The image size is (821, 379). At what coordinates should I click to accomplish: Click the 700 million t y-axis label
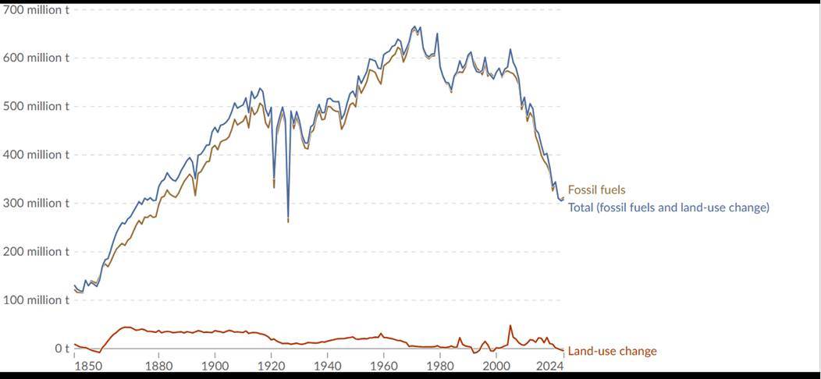point(36,9)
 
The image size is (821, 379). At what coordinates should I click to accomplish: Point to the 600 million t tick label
point(36,58)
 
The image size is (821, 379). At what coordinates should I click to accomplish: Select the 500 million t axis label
point(36,106)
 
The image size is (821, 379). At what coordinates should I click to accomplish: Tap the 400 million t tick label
point(36,154)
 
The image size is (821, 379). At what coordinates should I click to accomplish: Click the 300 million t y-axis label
point(36,203)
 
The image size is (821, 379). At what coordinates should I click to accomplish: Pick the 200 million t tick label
point(36,251)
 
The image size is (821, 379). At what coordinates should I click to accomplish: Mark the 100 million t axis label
point(36,299)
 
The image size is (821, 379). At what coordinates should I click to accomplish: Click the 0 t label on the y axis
point(62,348)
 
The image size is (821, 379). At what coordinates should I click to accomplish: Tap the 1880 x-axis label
point(158,366)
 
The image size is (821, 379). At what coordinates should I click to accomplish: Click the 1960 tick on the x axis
point(383,366)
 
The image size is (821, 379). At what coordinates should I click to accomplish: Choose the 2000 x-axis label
point(496,366)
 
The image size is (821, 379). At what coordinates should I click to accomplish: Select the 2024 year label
point(550,366)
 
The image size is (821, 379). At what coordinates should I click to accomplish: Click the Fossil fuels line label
point(596,189)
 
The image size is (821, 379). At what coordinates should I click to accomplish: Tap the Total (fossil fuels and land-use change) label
point(669,207)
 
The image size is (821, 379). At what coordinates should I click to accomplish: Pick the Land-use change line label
point(612,351)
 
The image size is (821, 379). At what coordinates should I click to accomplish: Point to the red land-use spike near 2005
point(510,326)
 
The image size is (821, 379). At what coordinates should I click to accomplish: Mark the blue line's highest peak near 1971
point(415,27)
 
